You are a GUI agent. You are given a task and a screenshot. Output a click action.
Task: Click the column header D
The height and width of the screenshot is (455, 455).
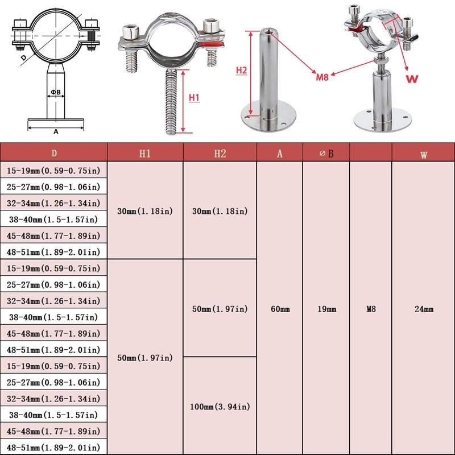[x=54, y=153]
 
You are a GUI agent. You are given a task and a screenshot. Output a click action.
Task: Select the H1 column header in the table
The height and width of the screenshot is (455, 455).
[x=146, y=153]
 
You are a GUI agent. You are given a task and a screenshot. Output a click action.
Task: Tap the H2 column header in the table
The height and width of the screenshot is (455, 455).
[x=220, y=153]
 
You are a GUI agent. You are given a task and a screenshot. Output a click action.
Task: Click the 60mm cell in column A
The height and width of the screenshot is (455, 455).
[x=280, y=309]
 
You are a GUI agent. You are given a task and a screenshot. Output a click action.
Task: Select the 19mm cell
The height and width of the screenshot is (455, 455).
[x=326, y=309]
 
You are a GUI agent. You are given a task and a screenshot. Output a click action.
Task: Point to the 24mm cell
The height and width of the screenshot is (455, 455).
[x=424, y=309]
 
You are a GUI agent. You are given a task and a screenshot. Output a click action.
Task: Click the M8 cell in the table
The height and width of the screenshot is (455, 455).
[x=370, y=309]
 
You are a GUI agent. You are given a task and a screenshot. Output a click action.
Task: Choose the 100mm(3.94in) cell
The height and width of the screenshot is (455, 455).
[x=220, y=406]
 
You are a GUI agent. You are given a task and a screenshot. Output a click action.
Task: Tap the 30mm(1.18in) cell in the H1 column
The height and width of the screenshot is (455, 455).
[x=146, y=211]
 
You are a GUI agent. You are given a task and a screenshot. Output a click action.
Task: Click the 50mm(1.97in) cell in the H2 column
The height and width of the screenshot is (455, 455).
[x=220, y=309]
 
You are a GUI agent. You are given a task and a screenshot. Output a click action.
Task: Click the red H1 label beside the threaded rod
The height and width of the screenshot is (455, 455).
[x=194, y=98]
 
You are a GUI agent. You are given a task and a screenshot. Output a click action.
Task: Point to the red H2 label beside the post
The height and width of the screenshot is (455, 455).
[x=241, y=70]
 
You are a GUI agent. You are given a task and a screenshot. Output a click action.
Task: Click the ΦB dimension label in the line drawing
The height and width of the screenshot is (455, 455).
[x=55, y=92]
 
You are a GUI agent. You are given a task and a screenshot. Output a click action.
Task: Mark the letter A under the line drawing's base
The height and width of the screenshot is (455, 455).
[x=56, y=131]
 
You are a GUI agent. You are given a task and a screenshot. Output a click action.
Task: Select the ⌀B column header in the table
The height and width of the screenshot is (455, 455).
[x=326, y=153]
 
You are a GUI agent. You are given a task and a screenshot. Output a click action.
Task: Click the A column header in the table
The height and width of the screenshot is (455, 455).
[x=280, y=153]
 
